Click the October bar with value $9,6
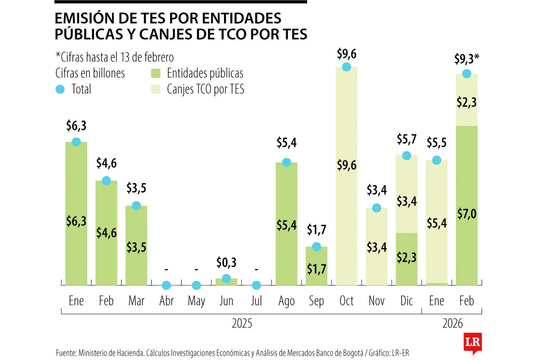click(346, 175)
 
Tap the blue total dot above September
click(316, 247)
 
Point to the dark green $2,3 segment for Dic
click(406, 259)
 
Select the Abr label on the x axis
click(166, 301)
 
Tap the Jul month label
click(256, 301)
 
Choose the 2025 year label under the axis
click(242, 323)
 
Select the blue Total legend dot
click(60, 89)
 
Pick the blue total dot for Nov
click(376, 208)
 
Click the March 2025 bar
click(136, 245)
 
